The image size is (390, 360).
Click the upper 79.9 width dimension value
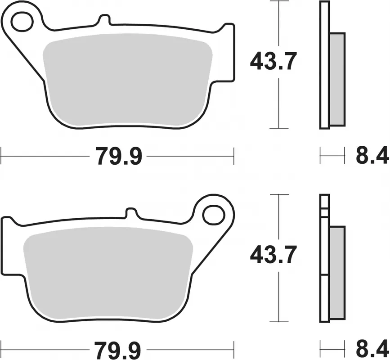click(119, 157)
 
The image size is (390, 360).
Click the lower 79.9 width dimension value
click(119, 350)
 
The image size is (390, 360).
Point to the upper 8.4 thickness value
click(372, 157)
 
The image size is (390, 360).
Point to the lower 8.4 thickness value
click(372, 350)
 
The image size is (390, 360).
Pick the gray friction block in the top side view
click(338, 79)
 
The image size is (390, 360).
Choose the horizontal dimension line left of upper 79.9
click(45, 157)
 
